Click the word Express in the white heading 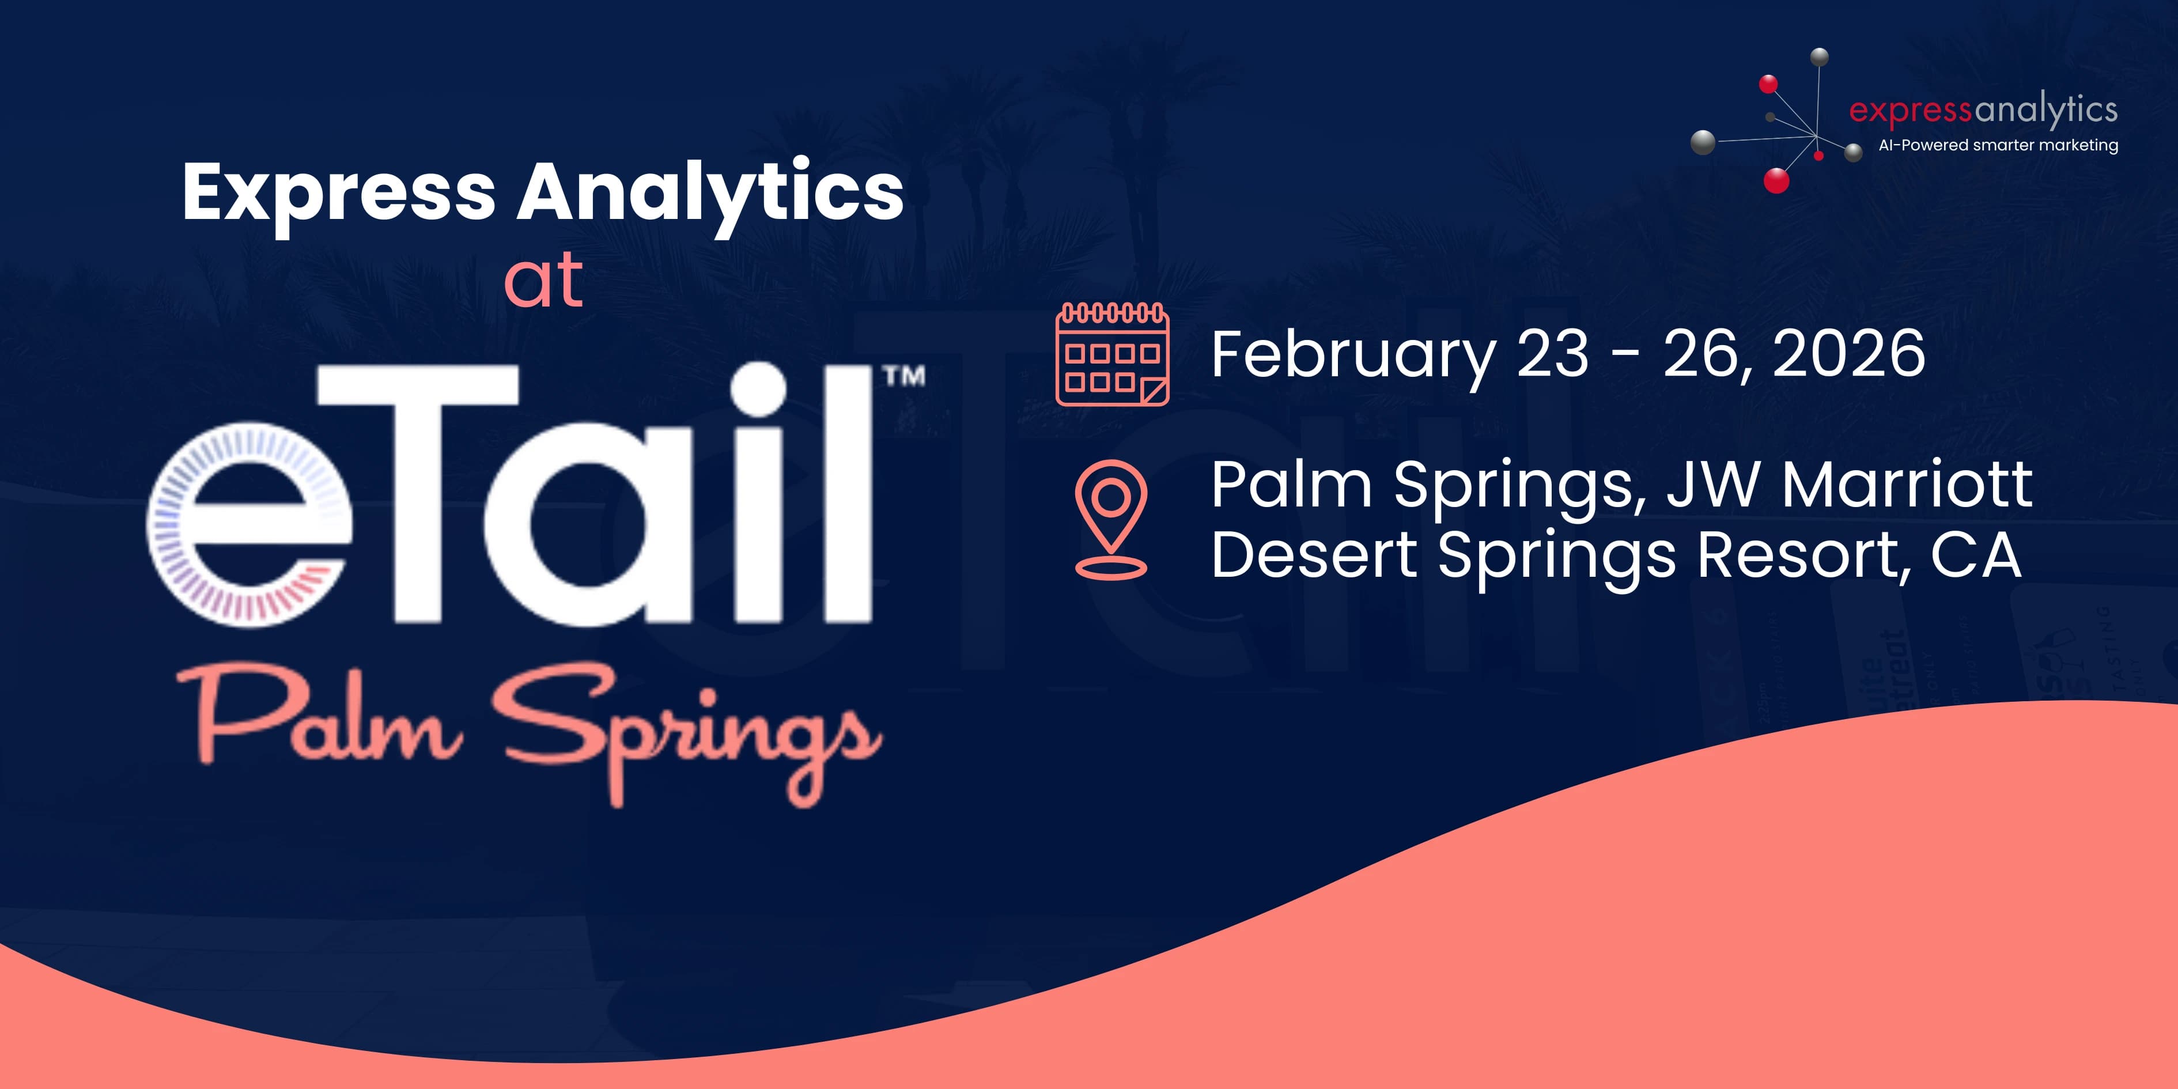tap(338, 194)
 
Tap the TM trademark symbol tap(904, 376)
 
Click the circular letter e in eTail tap(249, 524)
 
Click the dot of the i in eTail tap(758, 390)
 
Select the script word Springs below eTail tap(689, 731)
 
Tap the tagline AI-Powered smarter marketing tap(1998, 145)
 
